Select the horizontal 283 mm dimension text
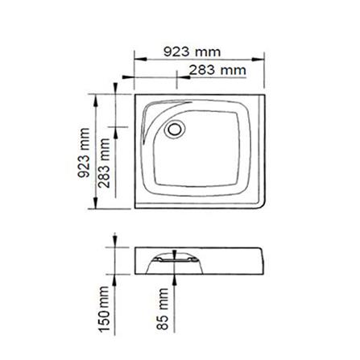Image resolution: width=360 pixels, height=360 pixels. point(217,70)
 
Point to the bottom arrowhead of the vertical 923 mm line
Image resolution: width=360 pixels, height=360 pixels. point(98,208)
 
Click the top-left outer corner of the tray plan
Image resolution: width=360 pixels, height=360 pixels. point(135,94)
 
